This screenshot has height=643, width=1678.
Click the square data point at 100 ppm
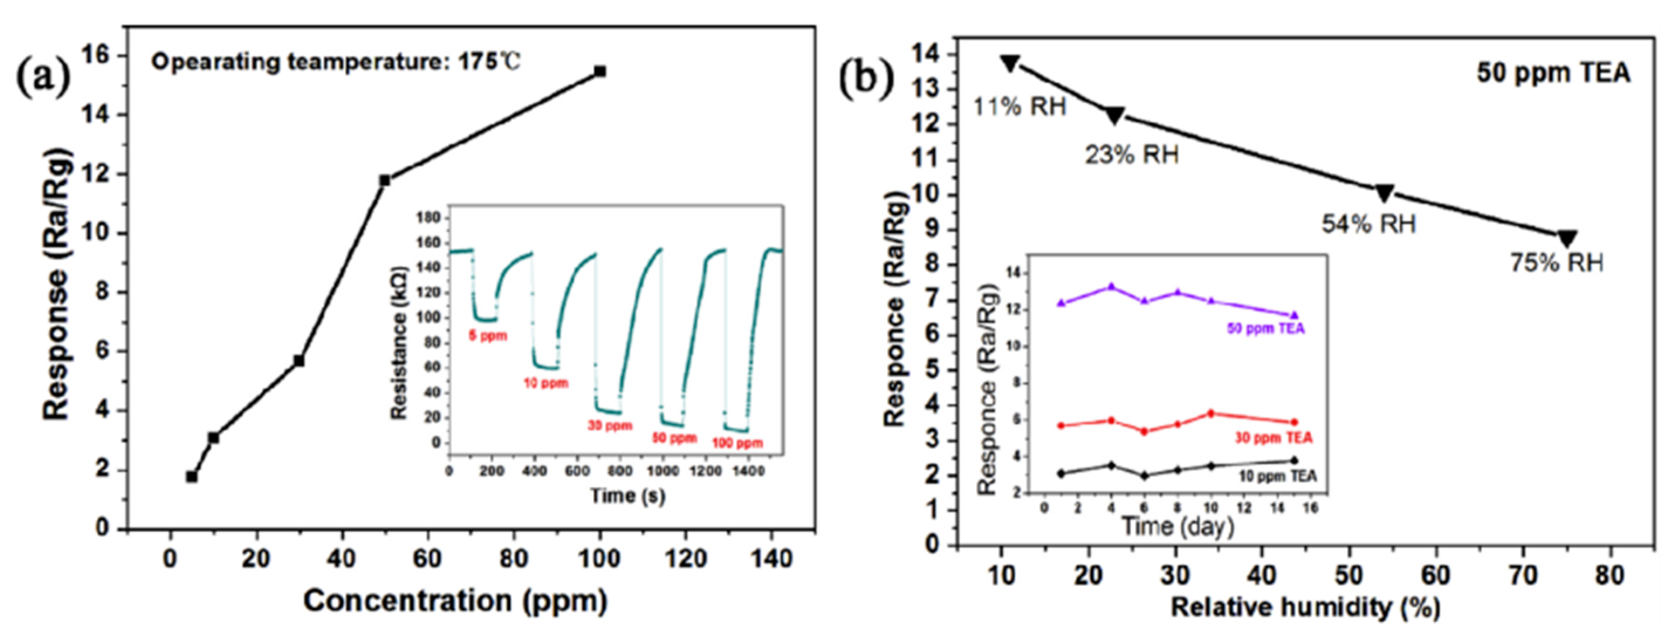[x=600, y=71]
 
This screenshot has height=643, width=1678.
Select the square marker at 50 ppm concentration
[x=385, y=180]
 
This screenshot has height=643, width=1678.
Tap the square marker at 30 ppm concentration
[x=299, y=360]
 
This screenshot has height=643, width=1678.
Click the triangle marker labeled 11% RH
[x=1010, y=63]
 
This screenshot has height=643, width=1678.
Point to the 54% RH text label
[x=1368, y=224]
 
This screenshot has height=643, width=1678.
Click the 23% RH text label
[x=1131, y=155]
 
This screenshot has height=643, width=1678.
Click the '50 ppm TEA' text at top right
[x=1553, y=73]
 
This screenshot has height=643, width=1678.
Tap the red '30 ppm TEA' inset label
[x=1274, y=438]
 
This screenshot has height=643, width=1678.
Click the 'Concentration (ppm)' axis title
[x=455, y=601]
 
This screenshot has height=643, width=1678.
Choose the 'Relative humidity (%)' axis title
[x=1305, y=607]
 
